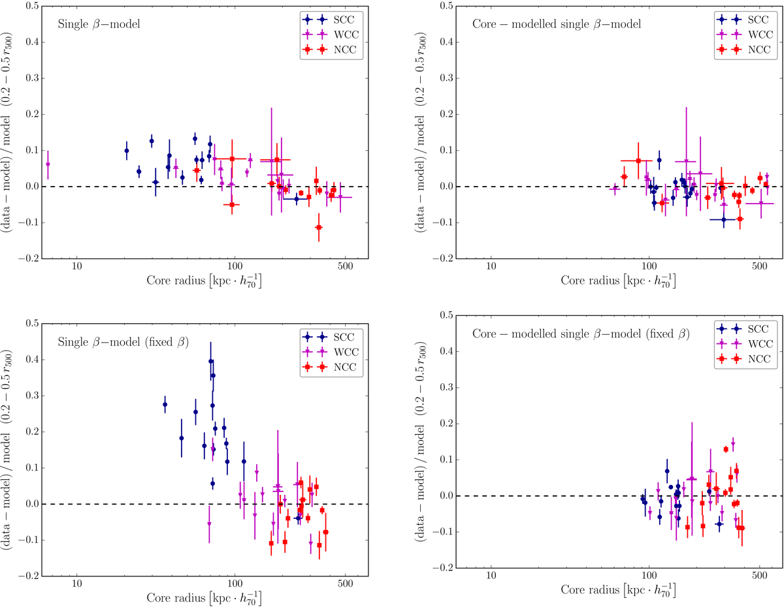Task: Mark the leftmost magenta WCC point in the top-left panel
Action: (48, 164)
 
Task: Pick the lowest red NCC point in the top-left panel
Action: (319, 227)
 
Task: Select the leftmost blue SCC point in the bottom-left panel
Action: (165, 405)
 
